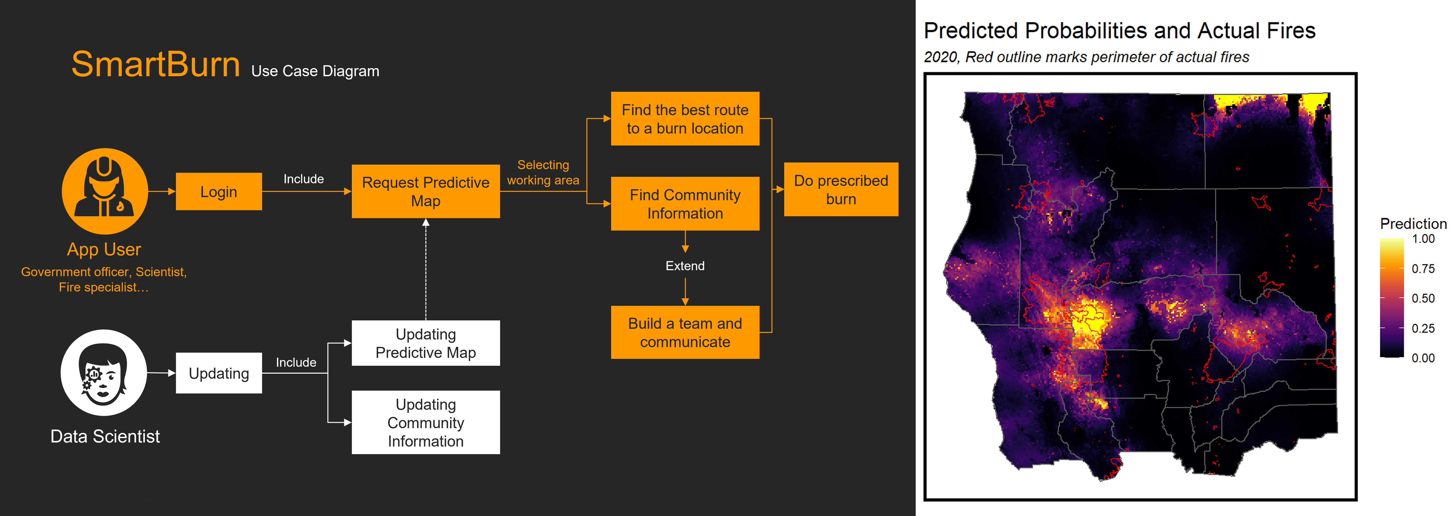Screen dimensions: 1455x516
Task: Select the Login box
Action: click(x=219, y=192)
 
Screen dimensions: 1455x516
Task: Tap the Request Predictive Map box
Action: click(x=425, y=192)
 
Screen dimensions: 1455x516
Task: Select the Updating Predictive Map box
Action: click(x=425, y=343)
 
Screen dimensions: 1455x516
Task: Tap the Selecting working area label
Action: click(x=543, y=172)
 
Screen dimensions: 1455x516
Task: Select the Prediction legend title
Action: click(x=1413, y=224)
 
